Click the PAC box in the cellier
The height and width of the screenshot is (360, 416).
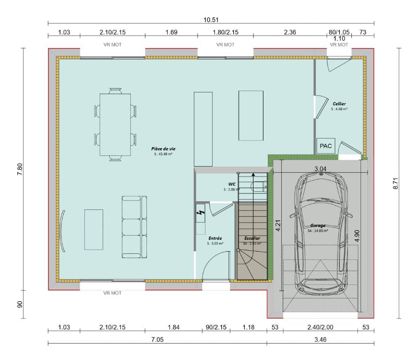[325, 146]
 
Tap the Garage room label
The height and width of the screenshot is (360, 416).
[318, 226]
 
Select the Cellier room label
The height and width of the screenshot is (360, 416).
[339, 104]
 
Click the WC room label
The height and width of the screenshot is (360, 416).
[232, 184]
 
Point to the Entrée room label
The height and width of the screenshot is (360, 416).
[215, 238]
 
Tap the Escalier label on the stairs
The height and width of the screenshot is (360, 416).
[252, 238]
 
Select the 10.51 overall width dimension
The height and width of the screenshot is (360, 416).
[210, 19]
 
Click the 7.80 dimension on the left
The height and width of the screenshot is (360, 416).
[19, 168]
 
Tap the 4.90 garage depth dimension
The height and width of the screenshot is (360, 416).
[357, 235]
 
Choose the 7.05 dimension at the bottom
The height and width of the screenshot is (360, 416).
[157, 340]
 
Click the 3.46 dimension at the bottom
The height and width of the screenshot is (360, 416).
[320, 340]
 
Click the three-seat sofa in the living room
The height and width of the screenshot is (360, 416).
[134, 227]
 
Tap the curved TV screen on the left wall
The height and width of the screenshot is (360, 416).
[64, 231]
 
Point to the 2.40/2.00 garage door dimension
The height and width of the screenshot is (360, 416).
[320, 327]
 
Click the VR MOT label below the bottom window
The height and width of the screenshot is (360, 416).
[112, 293]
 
